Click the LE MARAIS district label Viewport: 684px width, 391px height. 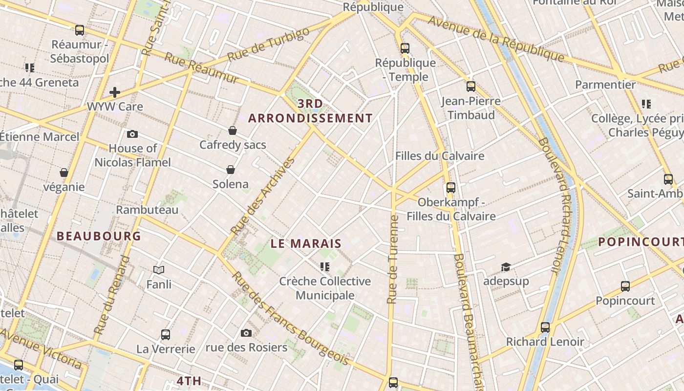pyautogui.click(x=306, y=243)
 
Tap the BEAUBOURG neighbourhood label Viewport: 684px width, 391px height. pyautogui.click(x=99, y=236)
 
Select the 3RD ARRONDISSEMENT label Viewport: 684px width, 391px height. pyautogui.click(x=310, y=111)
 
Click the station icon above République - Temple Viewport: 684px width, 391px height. pyautogui.click(x=405, y=48)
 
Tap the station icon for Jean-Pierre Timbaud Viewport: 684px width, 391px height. pyautogui.click(x=471, y=87)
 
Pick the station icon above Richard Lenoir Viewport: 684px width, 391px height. pyautogui.click(x=545, y=327)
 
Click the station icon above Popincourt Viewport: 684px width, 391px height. pyautogui.click(x=625, y=286)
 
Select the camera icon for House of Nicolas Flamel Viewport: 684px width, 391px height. pyautogui.click(x=132, y=134)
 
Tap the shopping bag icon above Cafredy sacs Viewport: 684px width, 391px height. pyautogui.click(x=233, y=130)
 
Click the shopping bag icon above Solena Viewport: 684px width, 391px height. pyautogui.click(x=231, y=170)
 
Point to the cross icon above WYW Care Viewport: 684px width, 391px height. pyautogui.click(x=115, y=92)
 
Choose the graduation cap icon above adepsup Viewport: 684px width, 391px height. pyautogui.click(x=506, y=267)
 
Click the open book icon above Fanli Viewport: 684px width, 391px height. pyautogui.click(x=159, y=269)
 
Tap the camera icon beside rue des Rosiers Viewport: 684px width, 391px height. pyautogui.click(x=246, y=333)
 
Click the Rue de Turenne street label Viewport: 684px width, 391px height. pyautogui.click(x=392, y=259)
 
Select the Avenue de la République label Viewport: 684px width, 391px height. pyautogui.click(x=496, y=39)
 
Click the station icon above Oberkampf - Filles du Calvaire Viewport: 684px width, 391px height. pyautogui.click(x=451, y=187)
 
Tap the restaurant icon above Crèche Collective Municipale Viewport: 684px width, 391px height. pyautogui.click(x=325, y=266)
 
